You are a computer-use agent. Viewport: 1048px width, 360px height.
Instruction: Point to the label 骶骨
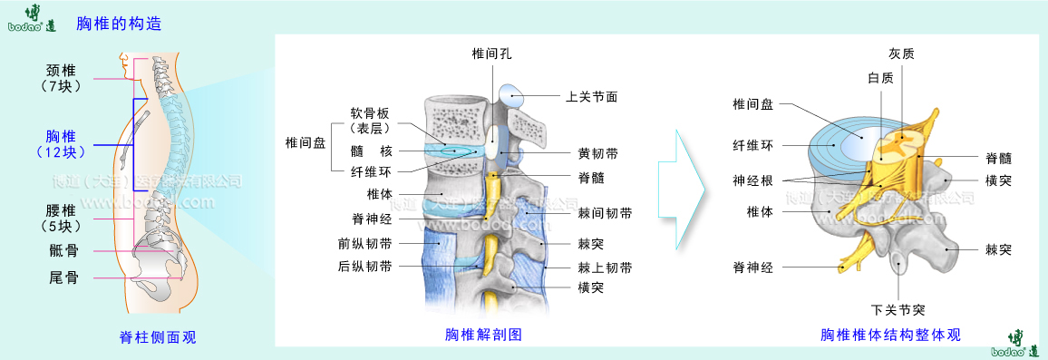(x=63, y=250)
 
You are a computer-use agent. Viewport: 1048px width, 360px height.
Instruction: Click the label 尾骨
(x=63, y=277)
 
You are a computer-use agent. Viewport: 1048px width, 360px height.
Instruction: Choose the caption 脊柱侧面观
(x=158, y=337)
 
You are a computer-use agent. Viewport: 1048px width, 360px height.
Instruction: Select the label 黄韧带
(x=597, y=154)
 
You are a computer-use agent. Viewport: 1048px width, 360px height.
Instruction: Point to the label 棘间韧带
(x=605, y=213)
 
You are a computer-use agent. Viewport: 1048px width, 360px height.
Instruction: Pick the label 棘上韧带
(x=605, y=268)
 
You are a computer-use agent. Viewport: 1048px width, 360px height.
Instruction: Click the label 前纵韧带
(x=365, y=243)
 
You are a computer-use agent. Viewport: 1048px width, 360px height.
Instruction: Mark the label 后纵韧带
(x=365, y=267)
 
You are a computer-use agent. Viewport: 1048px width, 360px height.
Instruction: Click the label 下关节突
(x=898, y=307)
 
